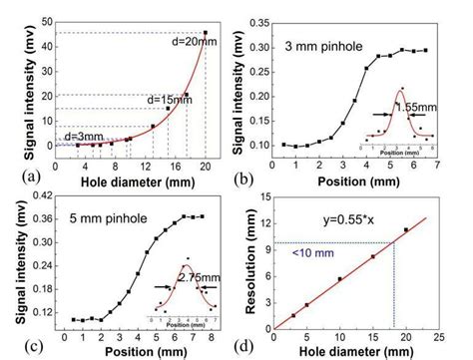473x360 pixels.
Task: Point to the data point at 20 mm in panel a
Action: click(x=206, y=33)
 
